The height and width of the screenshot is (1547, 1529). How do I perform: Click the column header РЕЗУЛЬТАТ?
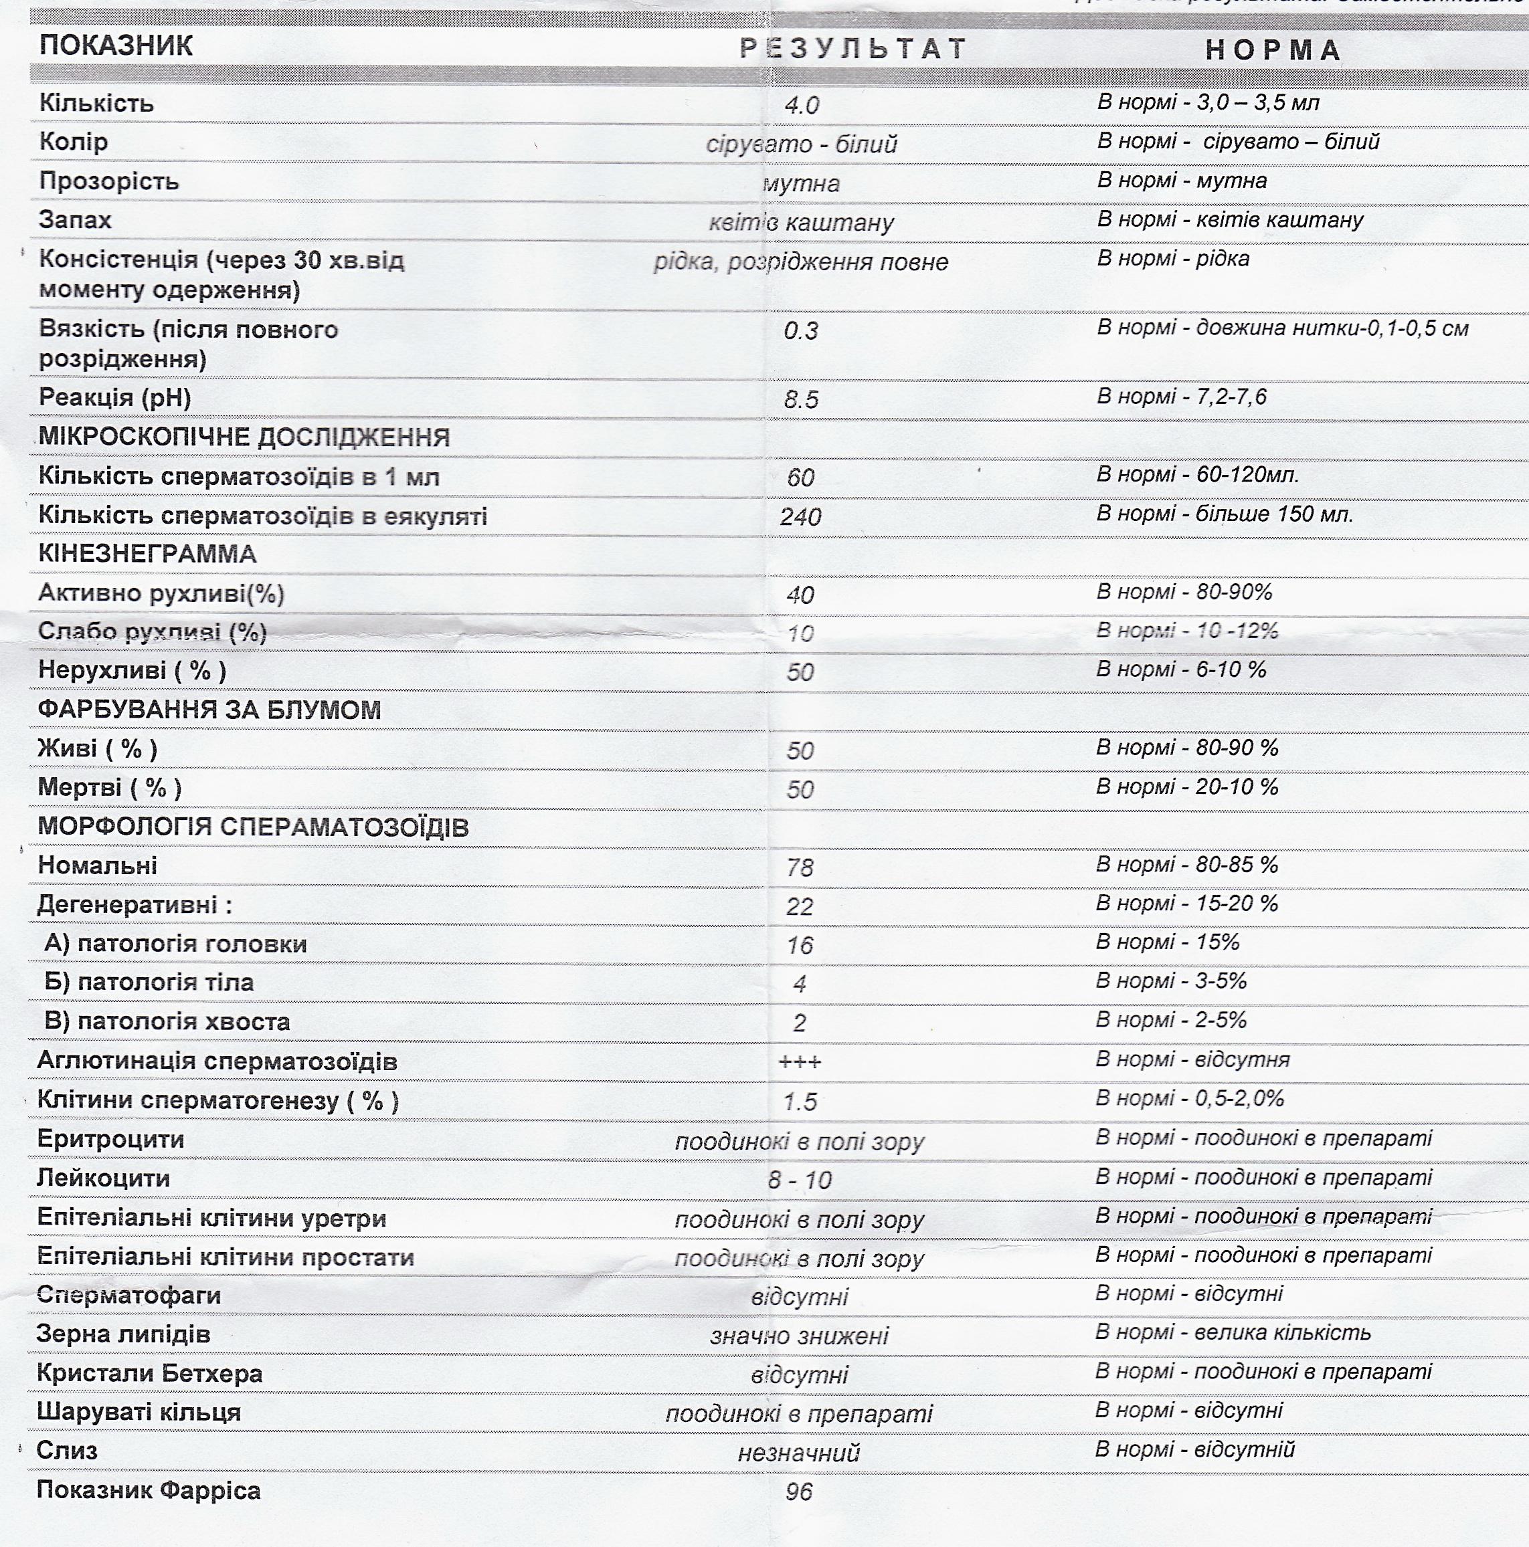pos(853,49)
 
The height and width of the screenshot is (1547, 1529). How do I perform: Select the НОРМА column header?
pos(1273,50)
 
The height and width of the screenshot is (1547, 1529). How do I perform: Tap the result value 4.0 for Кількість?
pos(802,106)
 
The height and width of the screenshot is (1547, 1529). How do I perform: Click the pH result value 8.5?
pos(801,399)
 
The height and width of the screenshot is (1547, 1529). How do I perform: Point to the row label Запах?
pos(76,220)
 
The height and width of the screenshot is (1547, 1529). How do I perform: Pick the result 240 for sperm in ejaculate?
pos(801,517)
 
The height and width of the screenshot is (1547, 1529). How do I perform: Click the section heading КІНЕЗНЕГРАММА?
pos(147,554)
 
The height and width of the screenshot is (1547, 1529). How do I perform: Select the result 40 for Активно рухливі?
pos(800,595)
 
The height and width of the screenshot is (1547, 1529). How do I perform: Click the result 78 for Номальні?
pos(800,868)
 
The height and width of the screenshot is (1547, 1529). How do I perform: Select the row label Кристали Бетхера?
pos(150,1374)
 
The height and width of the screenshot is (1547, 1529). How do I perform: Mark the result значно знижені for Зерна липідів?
pos(800,1336)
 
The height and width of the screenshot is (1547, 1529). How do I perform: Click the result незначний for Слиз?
pos(798,1453)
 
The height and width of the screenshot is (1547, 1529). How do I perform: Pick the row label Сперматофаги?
pos(129,1296)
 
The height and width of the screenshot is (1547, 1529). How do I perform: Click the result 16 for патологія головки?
pos(800,946)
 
